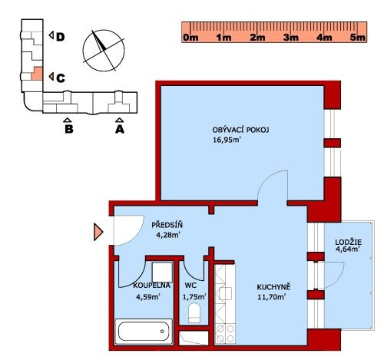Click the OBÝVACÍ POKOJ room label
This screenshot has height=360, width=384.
click(240, 130)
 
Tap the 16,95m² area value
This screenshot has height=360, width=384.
click(227, 140)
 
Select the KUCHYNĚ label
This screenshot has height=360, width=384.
click(273, 287)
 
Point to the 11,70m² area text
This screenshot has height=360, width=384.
click(272, 297)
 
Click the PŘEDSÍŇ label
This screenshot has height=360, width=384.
click(167, 225)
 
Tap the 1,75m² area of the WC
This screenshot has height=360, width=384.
click(194, 297)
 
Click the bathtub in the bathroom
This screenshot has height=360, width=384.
click(144, 331)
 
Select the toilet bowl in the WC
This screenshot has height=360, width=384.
click(194, 312)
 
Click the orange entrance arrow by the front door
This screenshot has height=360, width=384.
click(98, 232)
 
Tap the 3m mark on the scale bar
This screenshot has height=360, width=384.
click(291, 38)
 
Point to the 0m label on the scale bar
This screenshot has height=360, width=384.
click(190, 38)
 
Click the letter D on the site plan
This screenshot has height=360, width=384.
click(60, 37)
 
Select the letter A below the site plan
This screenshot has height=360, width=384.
click(120, 129)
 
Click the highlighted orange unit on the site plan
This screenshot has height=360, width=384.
click(37, 74)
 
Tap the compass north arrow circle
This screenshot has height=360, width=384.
click(104, 51)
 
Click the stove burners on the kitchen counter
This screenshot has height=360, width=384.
click(225, 334)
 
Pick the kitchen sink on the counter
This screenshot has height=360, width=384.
click(225, 293)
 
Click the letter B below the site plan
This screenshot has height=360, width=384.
click(69, 129)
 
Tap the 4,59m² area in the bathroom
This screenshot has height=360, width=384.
click(148, 297)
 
